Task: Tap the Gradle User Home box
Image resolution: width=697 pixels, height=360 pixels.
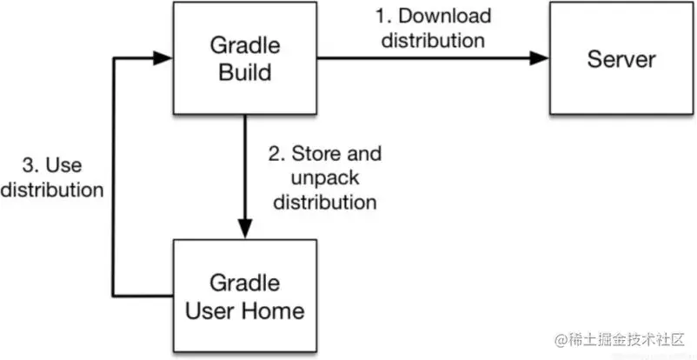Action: pyautogui.click(x=245, y=295)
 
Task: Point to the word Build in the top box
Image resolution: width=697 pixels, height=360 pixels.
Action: pyautogui.click(x=245, y=72)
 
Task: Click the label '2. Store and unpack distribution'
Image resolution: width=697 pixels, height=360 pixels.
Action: pyautogui.click(x=325, y=178)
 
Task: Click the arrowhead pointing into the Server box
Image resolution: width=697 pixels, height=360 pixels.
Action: pyautogui.click(x=540, y=59)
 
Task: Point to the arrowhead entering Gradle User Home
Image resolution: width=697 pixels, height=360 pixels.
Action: pyautogui.click(x=244, y=230)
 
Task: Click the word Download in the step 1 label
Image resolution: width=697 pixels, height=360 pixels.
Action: pyautogui.click(x=446, y=17)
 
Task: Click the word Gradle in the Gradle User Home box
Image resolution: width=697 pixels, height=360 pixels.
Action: pyautogui.click(x=245, y=283)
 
